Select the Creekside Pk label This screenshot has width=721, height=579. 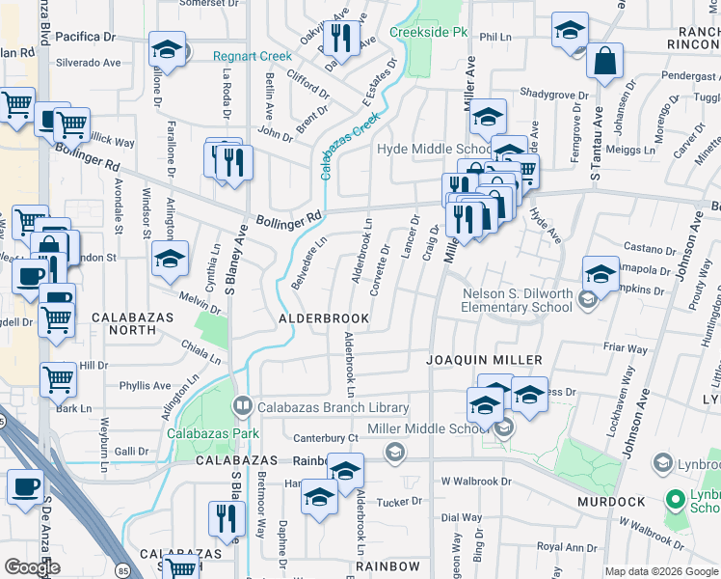428,32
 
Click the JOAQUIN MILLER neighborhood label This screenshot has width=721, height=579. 486,360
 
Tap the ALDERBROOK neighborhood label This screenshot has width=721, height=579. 324,317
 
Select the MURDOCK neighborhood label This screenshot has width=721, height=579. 610,502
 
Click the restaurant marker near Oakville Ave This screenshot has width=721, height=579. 339,38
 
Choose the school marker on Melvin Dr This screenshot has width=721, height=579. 171,260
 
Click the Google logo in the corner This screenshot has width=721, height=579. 32,567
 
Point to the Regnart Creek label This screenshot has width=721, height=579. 252,56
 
